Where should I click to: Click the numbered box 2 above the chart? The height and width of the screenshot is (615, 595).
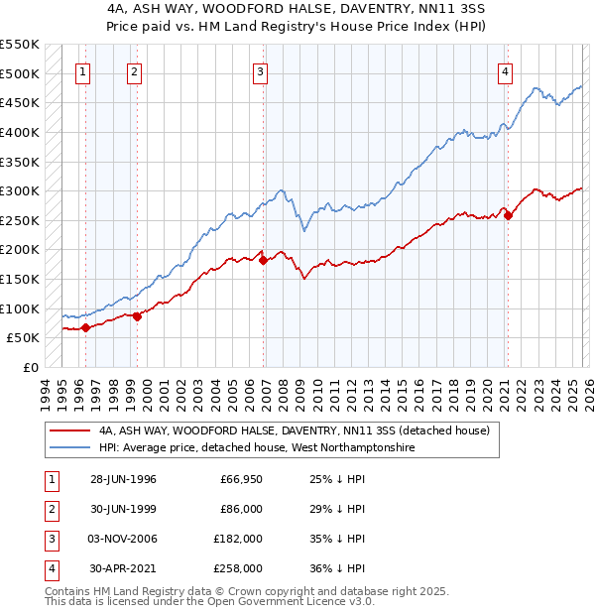coord(133,71)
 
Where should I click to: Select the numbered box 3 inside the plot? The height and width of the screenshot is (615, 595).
coord(259,71)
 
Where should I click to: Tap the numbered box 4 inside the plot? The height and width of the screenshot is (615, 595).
coord(505,71)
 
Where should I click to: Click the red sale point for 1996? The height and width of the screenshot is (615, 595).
coord(86,327)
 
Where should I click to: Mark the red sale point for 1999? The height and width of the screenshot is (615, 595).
coord(138,315)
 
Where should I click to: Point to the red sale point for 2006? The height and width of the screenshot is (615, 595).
coord(264,260)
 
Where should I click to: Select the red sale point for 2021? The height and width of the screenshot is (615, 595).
coord(509,215)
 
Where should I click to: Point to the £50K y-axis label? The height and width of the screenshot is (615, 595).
coord(23,338)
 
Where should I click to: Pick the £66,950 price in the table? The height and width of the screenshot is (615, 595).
coord(241,479)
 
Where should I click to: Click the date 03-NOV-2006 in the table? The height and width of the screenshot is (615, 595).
coord(123,539)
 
